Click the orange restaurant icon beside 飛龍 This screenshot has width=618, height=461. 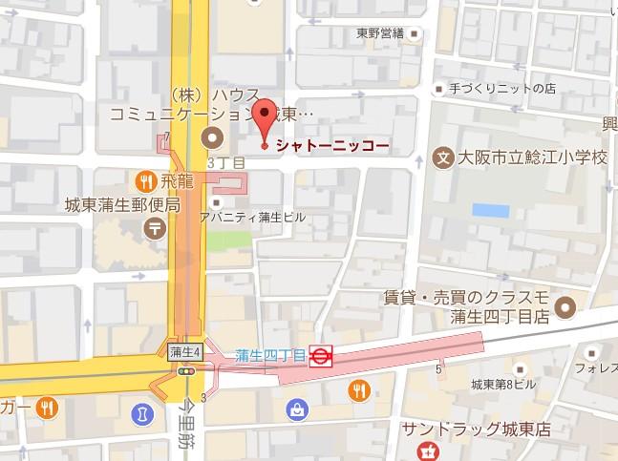tap(144, 179)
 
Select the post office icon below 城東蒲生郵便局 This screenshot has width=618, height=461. tap(152, 228)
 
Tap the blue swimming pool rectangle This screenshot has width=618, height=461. tap(490, 210)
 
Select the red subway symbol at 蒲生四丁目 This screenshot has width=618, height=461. tap(322, 357)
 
